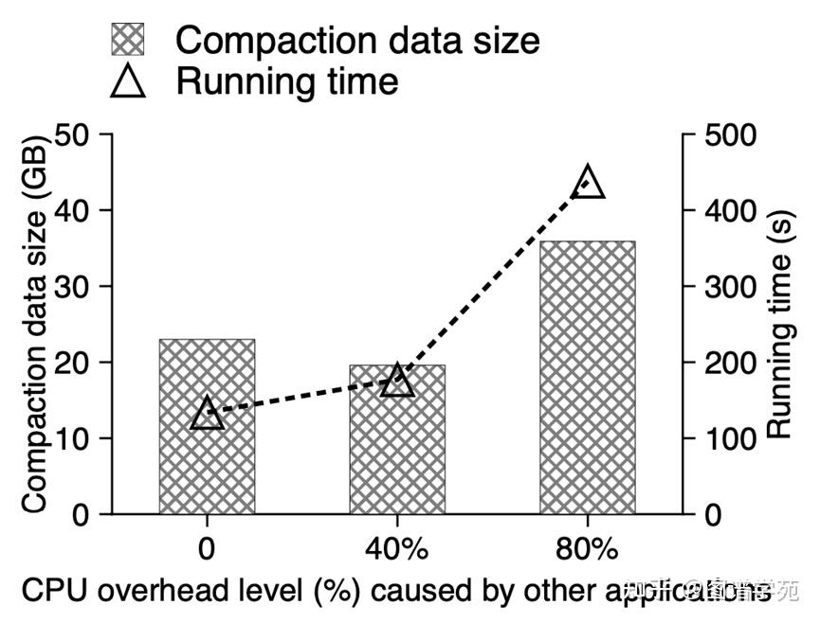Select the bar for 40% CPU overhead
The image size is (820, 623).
[x=397, y=454]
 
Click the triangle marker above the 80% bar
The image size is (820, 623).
[x=588, y=181]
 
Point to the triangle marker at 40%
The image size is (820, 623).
[x=397, y=382]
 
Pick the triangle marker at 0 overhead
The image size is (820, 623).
[x=207, y=414]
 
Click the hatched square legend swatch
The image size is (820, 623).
[x=130, y=41]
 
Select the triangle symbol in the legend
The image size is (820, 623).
[x=130, y=80]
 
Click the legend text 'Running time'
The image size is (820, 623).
[x=287, y=81]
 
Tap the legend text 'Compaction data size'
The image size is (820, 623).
[x=357, y=41]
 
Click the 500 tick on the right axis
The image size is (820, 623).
[x=730, y=134]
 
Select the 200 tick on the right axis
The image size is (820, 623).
[x=730, y=363]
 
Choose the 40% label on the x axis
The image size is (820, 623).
[x=397, y=550]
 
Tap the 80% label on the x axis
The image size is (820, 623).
[x=588, y=550]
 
